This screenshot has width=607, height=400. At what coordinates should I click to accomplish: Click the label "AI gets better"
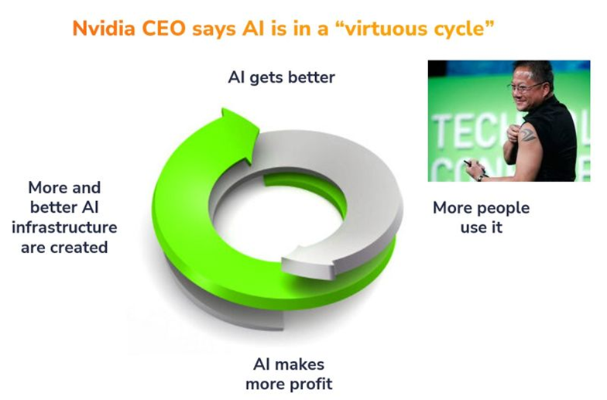281,78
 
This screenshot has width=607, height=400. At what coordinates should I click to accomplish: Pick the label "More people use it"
481,217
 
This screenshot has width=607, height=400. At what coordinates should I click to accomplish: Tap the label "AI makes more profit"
288,373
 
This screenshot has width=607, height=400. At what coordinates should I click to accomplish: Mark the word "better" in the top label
307,78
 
